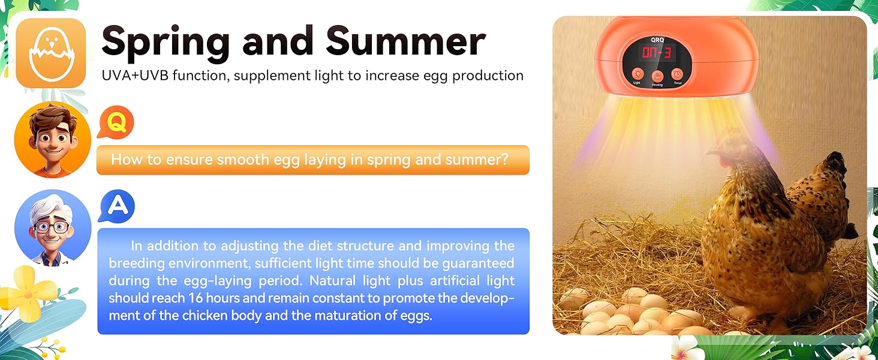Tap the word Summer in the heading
tap(405, 41)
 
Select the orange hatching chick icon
tap(51, 53)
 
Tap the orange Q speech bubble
tap(116, 122)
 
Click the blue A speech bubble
tap(116, 206)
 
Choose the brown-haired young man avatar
tap(53, 140)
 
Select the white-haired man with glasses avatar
tap(53, 228)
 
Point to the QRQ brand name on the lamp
tap(658, 40)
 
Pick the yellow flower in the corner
tap(28, 292)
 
